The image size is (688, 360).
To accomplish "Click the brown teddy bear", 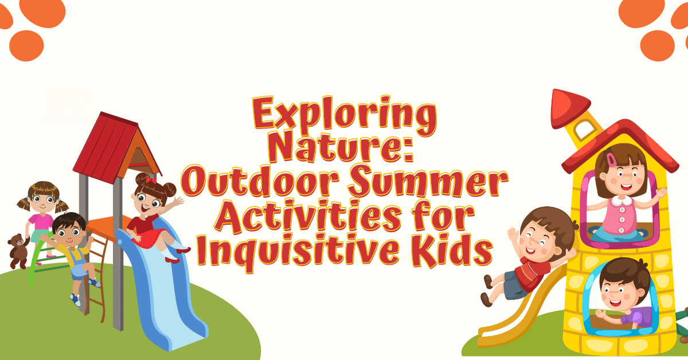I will click(18, 250).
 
